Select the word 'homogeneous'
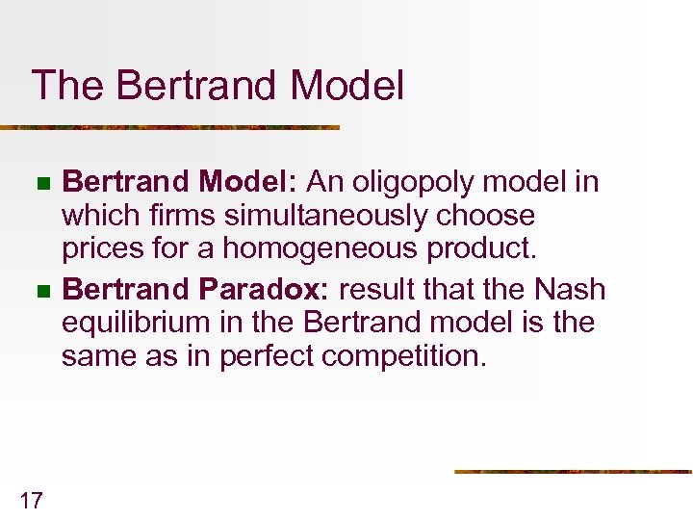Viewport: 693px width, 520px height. [319, 248]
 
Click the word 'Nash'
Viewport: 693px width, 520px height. [571, 289]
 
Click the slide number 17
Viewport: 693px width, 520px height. [31, 499]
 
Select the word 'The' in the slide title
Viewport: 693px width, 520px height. [65, 86]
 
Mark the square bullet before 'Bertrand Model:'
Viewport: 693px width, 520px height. [39, 183]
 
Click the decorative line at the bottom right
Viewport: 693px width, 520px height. [573, 471]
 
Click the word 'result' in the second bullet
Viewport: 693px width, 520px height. [375, 289]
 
